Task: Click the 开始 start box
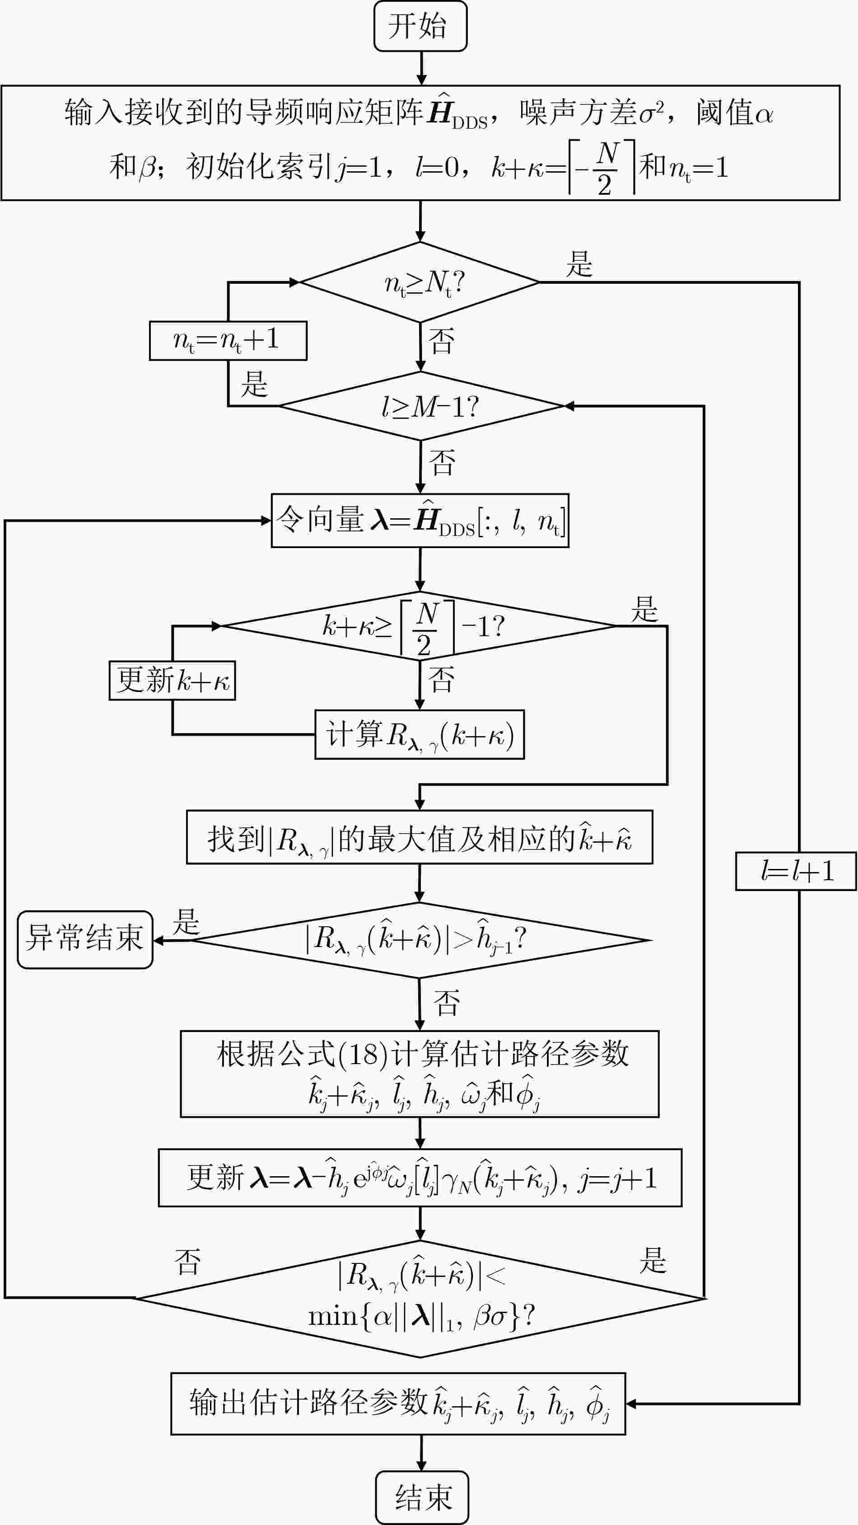pyautogui.click(x=420, y=26)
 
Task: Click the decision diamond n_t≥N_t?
pyautogui.click(x=420, y=282)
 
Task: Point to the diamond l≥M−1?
pyautogui.click(x=421, y=406)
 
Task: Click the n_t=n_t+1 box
pyautogui.click(x=228, y=340)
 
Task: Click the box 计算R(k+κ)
pyautogui.click(x=420, y=734)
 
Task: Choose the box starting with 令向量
pyautogui.click(x=420, y=521)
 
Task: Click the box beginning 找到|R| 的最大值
pyautogui.click(x=420, y=837)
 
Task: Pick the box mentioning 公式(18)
pyautogui.click(x=420, y=1074)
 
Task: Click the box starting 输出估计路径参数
pyautogui.click(x=398, y=1403)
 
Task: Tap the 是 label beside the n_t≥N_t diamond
pyautogui.click(x=579, y=264)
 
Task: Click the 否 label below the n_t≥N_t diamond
pyautogui.click(x=442, y=342)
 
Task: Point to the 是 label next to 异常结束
pyautogui.click(x=187, y=922)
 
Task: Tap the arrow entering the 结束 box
pyautogui.click(x=421, y=1453)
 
